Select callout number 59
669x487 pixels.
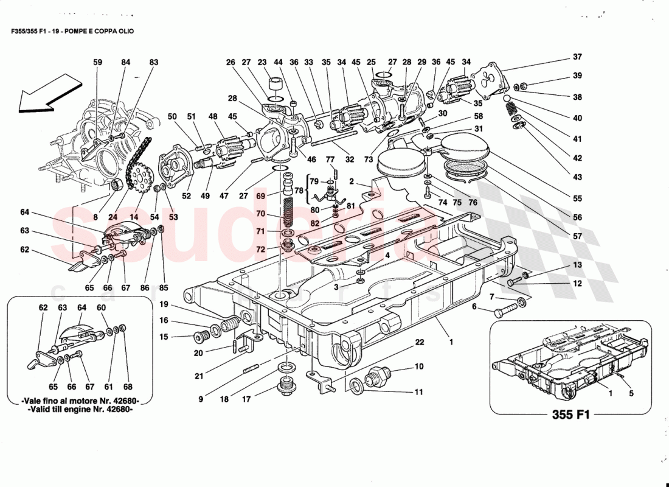(x=98, y=62)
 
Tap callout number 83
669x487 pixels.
(x=153, y=62)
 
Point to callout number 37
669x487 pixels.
(x=577, y=57)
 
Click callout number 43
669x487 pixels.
(x=577, y=177)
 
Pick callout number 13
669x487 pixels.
(x=577, y=265)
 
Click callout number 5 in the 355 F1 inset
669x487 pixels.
(x=631, y=393)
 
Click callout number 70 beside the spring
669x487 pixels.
(x=260, y=214)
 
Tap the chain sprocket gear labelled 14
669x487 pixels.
(x=140, y=180)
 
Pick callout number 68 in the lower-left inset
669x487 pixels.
(x=127, y=386)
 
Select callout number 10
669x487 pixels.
(x=419, y=366)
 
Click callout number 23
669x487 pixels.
(x=262, y=62)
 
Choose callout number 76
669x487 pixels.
(x=472, y=203)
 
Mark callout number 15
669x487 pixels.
(x=164, y=337)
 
